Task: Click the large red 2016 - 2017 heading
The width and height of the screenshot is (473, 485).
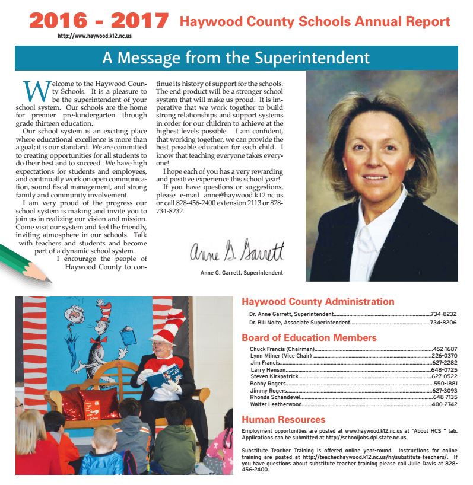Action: coord(99,21)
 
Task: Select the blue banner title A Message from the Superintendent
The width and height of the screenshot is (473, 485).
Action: coord(236,58)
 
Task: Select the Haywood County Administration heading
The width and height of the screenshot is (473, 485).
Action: coord(318,302)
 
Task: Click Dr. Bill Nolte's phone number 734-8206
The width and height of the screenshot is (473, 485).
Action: coord(443,323)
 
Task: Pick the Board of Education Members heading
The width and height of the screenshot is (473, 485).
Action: coord(309,338)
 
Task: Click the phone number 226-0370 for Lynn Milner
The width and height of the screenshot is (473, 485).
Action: coord(443,356)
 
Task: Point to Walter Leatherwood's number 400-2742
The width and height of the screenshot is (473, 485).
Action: coord(443,404)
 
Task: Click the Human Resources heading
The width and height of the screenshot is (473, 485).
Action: coord(283,420)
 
